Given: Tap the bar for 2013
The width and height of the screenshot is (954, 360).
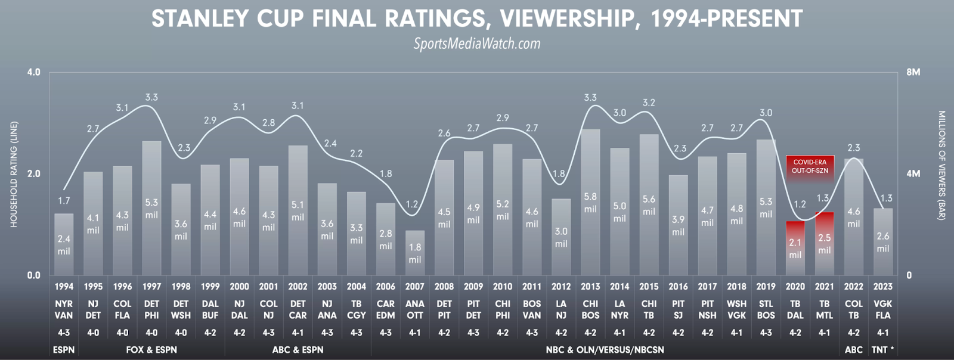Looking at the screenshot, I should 590,202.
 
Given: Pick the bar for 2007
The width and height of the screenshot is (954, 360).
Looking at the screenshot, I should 415,253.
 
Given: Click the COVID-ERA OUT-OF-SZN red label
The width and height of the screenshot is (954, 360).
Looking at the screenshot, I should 809,166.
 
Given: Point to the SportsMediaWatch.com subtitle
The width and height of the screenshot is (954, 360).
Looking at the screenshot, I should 477,44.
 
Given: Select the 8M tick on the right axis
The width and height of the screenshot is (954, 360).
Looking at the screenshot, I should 913,72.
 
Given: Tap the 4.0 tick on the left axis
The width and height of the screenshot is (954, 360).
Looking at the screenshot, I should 33,72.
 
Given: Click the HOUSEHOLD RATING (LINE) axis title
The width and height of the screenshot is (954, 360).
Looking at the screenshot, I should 14,174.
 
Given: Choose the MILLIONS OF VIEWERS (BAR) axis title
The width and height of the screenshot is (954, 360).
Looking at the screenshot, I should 941,166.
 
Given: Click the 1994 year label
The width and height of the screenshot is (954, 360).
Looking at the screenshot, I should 64,287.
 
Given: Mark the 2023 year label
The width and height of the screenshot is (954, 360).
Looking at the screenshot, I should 882,287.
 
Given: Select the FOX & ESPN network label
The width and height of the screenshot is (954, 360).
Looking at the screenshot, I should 151,350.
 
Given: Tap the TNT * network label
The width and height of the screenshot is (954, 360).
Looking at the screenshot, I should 882,350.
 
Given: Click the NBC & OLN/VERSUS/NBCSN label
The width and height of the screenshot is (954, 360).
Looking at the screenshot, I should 605,350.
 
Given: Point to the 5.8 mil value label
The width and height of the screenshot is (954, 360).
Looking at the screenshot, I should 590,203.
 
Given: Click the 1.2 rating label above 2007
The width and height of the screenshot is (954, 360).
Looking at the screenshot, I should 411,204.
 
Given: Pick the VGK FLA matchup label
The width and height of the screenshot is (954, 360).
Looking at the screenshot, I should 882,309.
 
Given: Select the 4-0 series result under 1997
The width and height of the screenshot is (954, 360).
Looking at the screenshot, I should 151,333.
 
